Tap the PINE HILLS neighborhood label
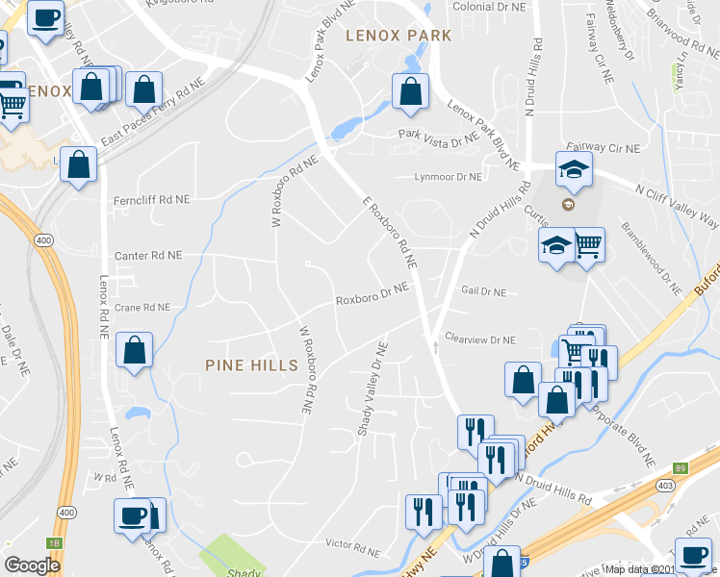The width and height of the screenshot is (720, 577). pyautogui.click(x=251, y=364)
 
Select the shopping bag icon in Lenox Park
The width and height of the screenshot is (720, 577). pyautogui.click(x=410, y=91)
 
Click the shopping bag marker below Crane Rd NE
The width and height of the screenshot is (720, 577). pyautogui.click(x=134, y=351)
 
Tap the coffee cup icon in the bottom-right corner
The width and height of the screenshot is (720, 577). pyautogui.click(x=693, y=555)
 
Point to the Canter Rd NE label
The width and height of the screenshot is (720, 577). pyautogui.click(x=147, y=256)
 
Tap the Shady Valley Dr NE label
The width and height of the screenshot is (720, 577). pyautogui.click(x=372, y=389)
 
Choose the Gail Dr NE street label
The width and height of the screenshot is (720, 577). pyautogui.click(x=483, y=290)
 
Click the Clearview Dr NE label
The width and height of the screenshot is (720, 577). pyautogui.click(x=480, y=339)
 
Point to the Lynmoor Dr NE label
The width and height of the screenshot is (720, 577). pyautogui.click(x=448, y=177)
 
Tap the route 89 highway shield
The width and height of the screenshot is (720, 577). pyautogui.click(x=681, y=467)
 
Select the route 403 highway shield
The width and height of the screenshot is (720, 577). pyautogui.click(x=664, y=487)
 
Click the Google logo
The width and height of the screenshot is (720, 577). pyautogui.click(x=32, y=566)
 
